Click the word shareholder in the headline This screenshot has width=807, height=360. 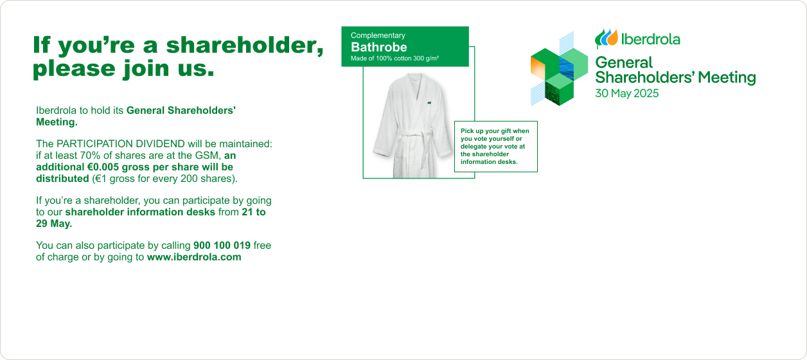[244, 45]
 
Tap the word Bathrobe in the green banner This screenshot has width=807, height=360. [378, 47]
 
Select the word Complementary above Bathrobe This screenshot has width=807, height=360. [378, 35]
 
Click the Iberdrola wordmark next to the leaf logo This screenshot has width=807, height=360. [651, 39]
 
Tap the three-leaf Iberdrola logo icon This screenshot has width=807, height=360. [607, 38]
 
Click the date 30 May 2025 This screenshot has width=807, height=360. [627, 93]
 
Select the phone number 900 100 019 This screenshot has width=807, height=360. [222, 246]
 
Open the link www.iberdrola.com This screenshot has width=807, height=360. [194, 257]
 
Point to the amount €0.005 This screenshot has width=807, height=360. [103, 167]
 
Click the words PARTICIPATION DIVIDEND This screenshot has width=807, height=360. [121, 144]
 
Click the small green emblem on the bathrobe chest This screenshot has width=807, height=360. [429, 103]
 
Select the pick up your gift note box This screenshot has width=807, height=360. [496, 147]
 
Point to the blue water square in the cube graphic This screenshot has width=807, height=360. [566, 69]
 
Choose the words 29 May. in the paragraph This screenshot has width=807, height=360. [54, 224]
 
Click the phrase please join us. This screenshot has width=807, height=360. [123, 69]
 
